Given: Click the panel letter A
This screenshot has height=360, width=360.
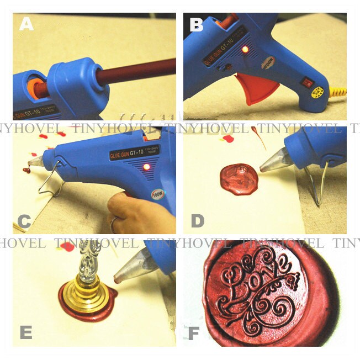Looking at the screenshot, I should click(27, 24).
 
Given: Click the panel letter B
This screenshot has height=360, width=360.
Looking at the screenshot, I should click(197, 24).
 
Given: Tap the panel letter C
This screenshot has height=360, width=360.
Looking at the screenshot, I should click(24, 221).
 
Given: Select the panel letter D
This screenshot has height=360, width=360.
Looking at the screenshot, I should click(198, 221).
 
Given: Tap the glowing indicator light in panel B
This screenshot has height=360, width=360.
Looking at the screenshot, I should click(245, 50).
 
